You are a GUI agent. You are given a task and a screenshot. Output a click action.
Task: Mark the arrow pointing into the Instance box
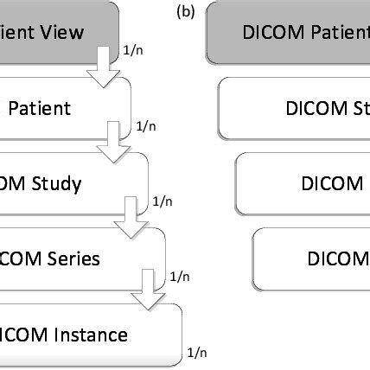[x=144, y=290]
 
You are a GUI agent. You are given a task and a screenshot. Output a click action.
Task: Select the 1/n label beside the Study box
[x=162, y=201]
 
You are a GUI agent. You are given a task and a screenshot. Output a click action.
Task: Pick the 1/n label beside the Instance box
[x=195, y=352]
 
